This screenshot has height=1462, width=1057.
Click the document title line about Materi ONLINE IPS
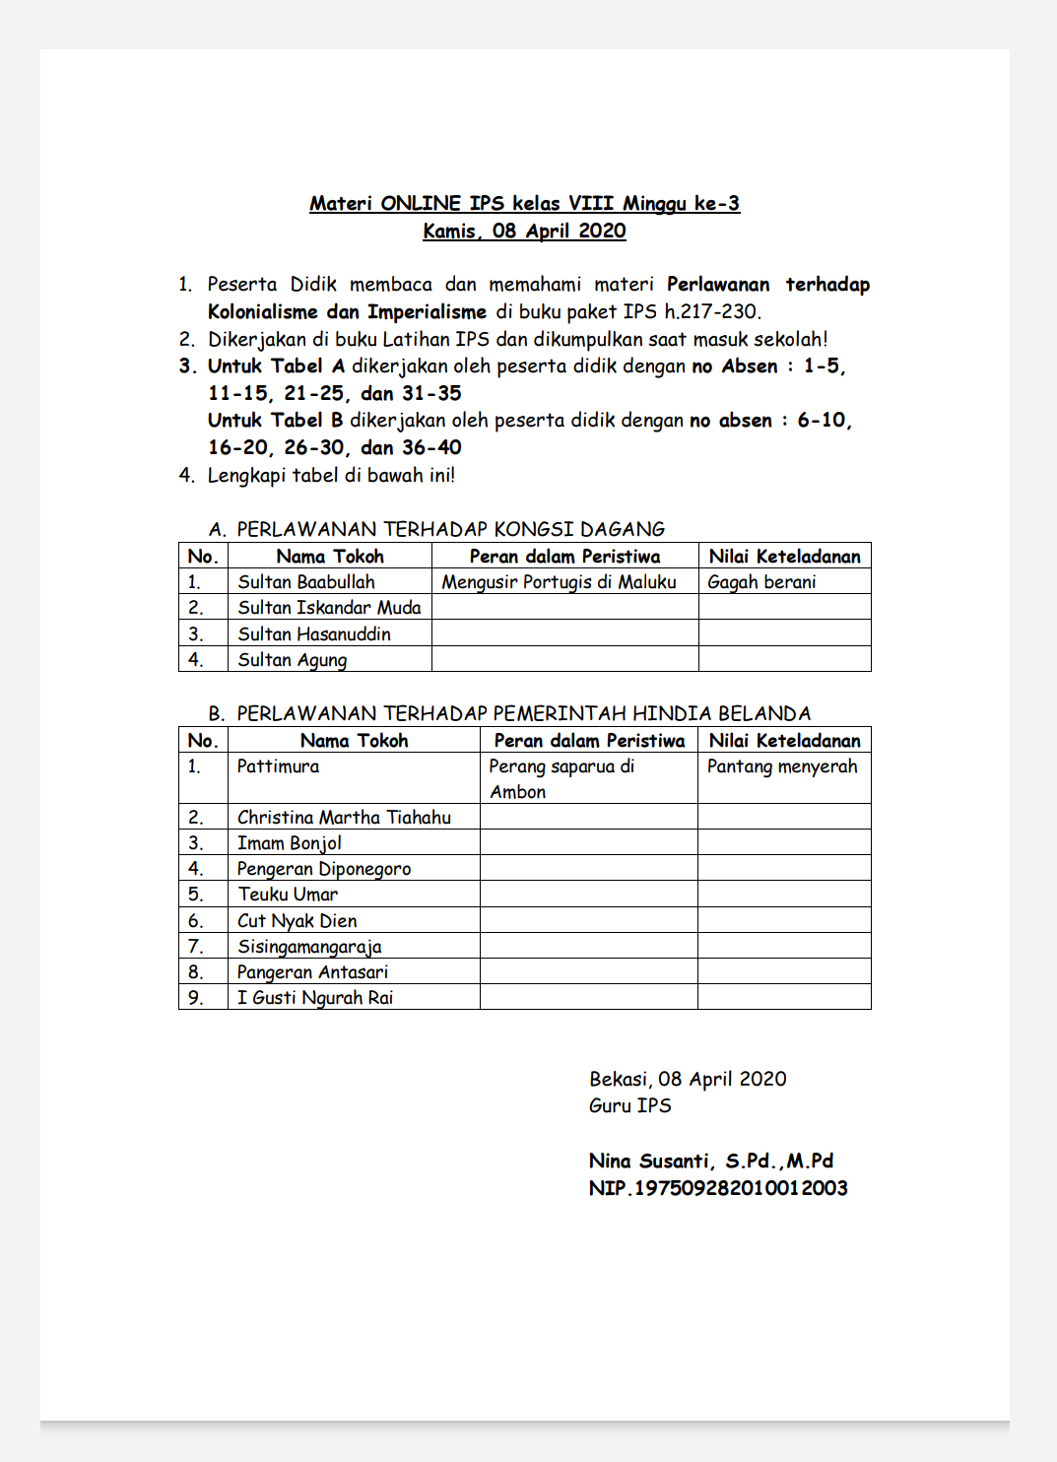pyautogui.click(x=524, y=204)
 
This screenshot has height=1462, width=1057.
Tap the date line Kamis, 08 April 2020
pyautogui.click(x=524, y=232)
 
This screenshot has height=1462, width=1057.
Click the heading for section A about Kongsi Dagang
pyautogui.click(x=436, y=529)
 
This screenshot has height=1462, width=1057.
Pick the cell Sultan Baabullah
pyautogui.click(x=306, y=582)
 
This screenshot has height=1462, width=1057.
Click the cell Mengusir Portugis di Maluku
pyautogui.click(x=559, y=582)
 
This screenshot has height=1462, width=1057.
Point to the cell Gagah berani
pyautogui.click(x=761, y=582)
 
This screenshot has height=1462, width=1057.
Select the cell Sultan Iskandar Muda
pyautogui.click(x=329, y=608)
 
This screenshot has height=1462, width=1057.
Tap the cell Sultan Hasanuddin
pyautogui.click(x=314, y=634)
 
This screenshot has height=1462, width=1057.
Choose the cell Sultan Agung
pyautogui.click(x=293, y=660)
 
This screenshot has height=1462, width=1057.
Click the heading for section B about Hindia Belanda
pyautogui.click(x=509, y=713)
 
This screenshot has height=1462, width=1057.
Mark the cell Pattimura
pyautogui.click(x=278, y=766)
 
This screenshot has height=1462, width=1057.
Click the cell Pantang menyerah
pyautogui.click(x=782, y=766)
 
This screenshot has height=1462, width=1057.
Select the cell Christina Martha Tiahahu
pyautogui.click(x=344, y=818)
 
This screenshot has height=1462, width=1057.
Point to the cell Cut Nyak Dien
pyautogui.click(x=297, y=921)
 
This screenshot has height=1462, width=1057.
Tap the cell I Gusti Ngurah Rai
pyautogui.click(x=315, y=998)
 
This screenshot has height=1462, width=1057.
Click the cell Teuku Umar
pyautogui.click(x=288, y=895)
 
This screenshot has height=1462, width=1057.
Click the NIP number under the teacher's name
pyautogui.click(x=718, y=1188)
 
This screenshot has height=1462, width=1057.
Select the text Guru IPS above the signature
pyautogui.click(x=630, y=1106)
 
